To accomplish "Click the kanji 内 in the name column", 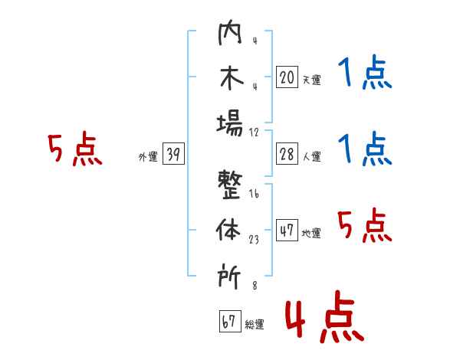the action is click(230, 32).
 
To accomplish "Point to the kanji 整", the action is click(230, 185).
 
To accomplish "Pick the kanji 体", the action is click(228, 230).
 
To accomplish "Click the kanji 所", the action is click(229, 276).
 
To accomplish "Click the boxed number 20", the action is click(287, 77).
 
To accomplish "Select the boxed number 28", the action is click(287, 154).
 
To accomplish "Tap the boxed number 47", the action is click(287, 230).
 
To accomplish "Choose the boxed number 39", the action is click(173, 153).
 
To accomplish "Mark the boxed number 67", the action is click(230, 321).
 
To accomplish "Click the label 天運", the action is click(312, 80).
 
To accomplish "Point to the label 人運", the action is click(312, 156).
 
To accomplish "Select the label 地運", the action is click(311, 233).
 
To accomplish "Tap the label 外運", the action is click(148, 157).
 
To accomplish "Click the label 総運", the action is click(255, 325).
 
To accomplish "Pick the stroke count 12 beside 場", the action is click(254, 133).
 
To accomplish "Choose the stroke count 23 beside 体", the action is click(254, 240).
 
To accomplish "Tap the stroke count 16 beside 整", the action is click(254, 194).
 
